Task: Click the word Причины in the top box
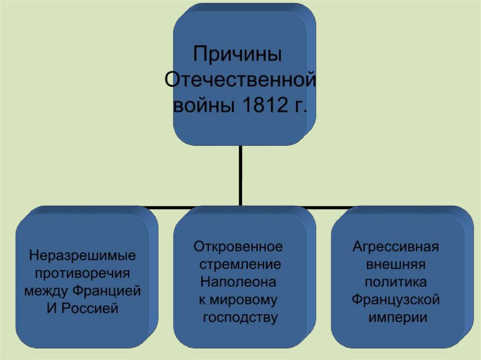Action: [238, 54]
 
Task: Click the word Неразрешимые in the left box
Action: [82, 256]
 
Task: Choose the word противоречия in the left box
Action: [82, 274]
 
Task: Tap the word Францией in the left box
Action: [107, 291]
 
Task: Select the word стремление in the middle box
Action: [240, 264]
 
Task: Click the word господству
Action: [240, 317]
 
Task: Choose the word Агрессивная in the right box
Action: [396, 246]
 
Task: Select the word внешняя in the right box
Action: [396, 264]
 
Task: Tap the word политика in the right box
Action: [396, 282]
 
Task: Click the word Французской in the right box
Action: [396, 299]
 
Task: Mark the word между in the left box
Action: [46, 291]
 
